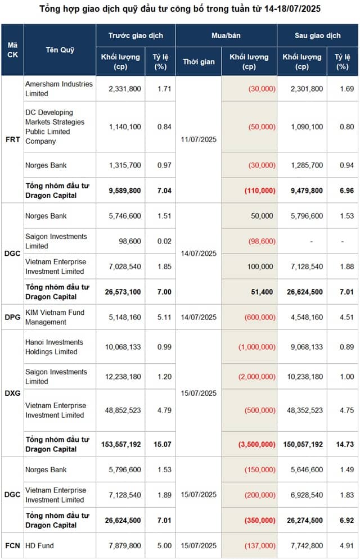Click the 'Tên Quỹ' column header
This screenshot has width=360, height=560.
click(60, 50)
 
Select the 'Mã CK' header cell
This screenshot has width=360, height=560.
click(12, 50)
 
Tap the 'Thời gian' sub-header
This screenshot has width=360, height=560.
click(199, 62)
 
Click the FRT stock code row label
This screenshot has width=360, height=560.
click(13, 139)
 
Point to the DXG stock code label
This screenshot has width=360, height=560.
click(13, 393)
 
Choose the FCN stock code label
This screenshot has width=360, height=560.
click(13, 545)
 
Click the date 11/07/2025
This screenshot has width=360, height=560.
click(199, 139)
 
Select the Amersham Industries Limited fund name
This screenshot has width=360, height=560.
click(59, 89)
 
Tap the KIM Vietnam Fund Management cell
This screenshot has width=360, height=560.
click(55, 317)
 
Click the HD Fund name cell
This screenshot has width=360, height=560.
click(39, 545)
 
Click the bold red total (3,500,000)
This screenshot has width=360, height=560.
click(257, 444)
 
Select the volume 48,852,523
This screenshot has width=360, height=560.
click(123, 410)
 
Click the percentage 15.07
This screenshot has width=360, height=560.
click(163, 444)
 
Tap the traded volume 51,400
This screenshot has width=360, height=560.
click(263, 292)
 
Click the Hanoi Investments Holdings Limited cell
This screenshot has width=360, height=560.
click(55, 347)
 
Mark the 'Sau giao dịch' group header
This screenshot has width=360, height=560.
click(317, 35)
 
